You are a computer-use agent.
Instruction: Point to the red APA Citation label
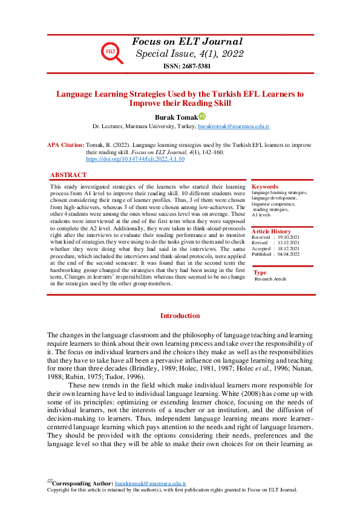click(65, 146)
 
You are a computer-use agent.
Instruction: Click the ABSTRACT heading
click(68, 175)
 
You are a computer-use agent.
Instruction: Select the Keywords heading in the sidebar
click(265, 187)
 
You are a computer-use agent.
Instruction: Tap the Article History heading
click(272, 232)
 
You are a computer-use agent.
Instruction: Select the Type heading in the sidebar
click(260, 273)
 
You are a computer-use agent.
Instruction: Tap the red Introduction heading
click(180, 316)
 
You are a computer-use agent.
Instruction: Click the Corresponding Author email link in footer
click(150, 484)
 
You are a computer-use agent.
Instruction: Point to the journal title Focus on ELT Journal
click(187, 42)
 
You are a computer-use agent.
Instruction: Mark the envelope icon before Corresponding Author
click(50, 482)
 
